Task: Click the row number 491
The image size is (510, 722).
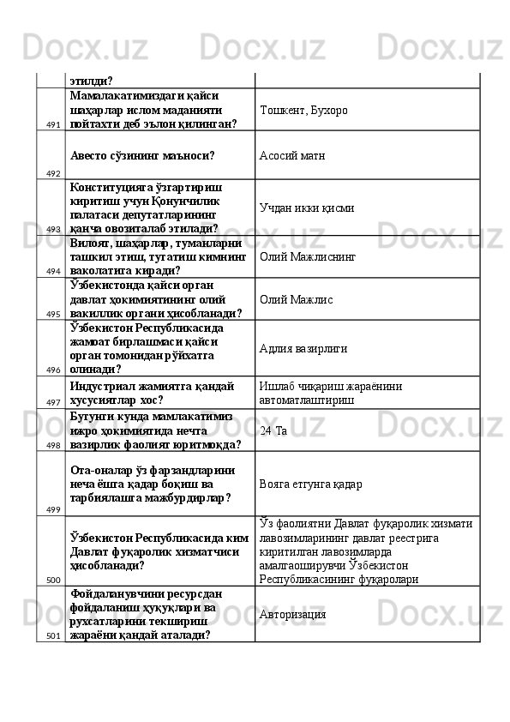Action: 53,124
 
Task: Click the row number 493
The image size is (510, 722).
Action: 53,230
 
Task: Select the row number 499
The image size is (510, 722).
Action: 53,509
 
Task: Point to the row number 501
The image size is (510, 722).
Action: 53,635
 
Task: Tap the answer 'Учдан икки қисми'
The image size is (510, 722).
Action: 306,208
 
